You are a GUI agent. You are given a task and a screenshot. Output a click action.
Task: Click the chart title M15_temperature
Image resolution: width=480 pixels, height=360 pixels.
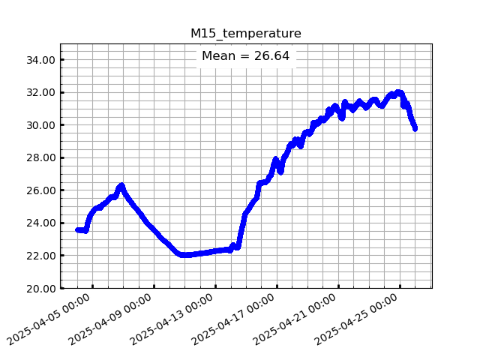pos(245,33)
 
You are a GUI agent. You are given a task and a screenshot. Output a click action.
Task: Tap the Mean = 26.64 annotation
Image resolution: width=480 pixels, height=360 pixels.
pos(245,56)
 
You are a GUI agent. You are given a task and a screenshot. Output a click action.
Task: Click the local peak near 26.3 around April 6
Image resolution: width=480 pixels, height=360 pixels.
pos(121,185)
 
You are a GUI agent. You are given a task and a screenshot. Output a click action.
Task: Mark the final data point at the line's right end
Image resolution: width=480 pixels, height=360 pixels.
pos(415,128)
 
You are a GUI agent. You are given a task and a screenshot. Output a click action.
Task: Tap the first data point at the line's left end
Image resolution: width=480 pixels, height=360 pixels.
pos(77,230)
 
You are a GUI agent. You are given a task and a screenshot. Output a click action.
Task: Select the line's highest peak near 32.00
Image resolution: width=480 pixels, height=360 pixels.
pos(399,93)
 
